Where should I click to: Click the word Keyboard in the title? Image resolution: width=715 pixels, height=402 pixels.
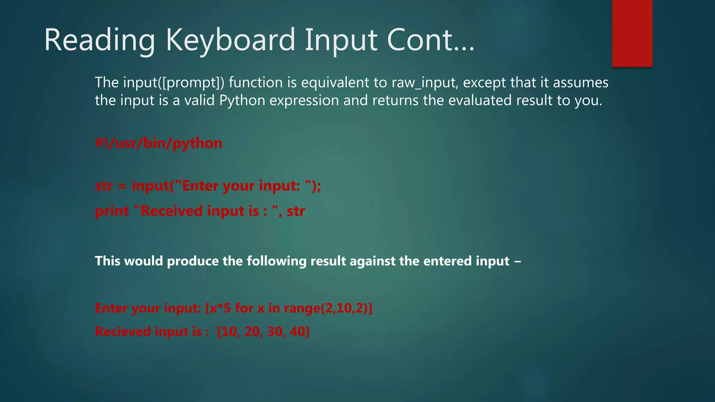click(x=230, y=40)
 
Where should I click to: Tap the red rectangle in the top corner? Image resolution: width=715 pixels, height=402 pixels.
click(x=632, y=33)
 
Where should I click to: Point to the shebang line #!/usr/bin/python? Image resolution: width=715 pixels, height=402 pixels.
click(x=159, y=143)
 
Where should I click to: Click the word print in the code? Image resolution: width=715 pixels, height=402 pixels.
click(x=112, y=211)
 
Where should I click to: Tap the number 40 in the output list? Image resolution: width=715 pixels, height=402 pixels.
click(x=298, y=332)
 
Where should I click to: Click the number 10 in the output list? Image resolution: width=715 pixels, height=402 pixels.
click(x=229, y=332)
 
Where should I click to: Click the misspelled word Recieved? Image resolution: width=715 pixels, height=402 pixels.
click(x=123, y=332)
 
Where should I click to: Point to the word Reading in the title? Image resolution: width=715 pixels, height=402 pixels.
click(x=99, y=40)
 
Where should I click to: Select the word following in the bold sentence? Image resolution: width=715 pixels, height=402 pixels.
click(x=277, y=261)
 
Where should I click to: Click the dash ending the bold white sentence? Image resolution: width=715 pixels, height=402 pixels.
click(x=518, y=261)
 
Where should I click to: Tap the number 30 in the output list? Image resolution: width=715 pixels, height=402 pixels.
click(x=275, y=332)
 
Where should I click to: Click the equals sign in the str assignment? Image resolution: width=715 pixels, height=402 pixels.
click(x=122, y=186)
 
